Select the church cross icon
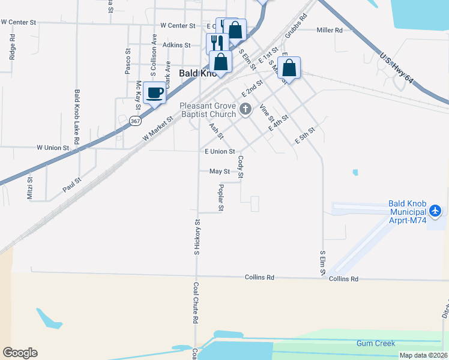click(x=244, y=109)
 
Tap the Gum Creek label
click(x=375, y=343)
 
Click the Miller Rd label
click(x=329, y=30)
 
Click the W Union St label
click(x=53, y=147)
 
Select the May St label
click(x=219, y=171)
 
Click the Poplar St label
click(x=221, y=197)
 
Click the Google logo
click(x=20, y=353)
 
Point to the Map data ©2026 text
click(x=423, y=355)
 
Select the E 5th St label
click(x=305, y=136)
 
